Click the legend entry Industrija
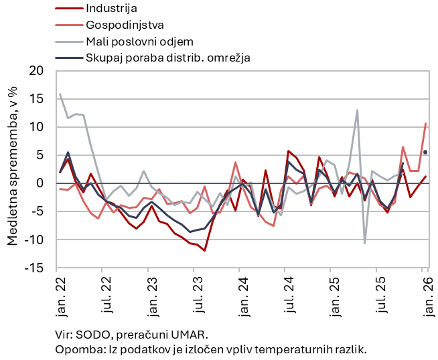pos(111,9)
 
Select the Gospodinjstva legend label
pos(123,25)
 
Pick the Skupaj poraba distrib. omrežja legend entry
pos(167,58)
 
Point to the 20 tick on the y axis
pos(37,71)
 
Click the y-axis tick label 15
pos(37,99)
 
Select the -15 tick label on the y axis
pos(35,268)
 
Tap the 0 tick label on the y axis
pos(40,183)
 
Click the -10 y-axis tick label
pos(35,240)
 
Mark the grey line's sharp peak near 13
pos(358,110)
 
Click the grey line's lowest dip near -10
pos(365,243)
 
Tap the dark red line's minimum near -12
pos(205,251)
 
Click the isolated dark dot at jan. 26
pos(425,152)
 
